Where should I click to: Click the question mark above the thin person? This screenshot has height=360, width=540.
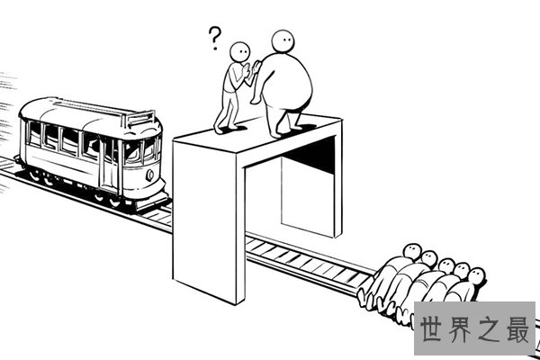pyautogui.click(x=214, y=38)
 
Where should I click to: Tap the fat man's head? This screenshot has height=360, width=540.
pyautogui.click(x=283, y=41)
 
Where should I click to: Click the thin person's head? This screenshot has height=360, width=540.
pyautogui.click(x=239, y=52)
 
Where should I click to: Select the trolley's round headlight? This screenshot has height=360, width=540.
pyautogui.click(x=150, y=175)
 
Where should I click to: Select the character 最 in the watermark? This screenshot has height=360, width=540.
pyautogui.click(x=517, y=329)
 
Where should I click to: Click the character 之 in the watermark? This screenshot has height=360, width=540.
pyautogui.click(x=489, y=329)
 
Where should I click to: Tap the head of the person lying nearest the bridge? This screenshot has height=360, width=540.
pyautogui.click(x=412, y=251)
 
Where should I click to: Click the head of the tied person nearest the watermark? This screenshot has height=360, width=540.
pyautogui.click(x=476, y=276)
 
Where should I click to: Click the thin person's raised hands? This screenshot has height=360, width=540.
pyautogui.click(x=250, y=69)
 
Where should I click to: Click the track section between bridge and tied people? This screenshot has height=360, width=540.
pyautogui.click(x=308, y=263)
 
